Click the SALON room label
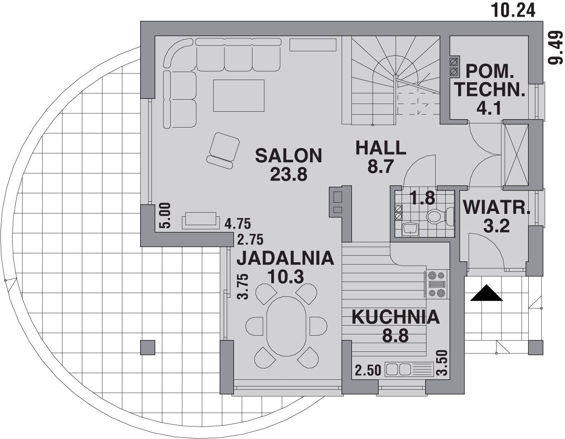[x=289, y=156]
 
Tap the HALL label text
[x=381, y=148]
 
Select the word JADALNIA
[x=285, y=258]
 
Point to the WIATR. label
[x=497, y=207]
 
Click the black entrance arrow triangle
[x=486, y=293]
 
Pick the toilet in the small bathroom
[x=440, y=216]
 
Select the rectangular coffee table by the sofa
[x=239, y=95]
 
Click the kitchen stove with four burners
[x=437, y=284]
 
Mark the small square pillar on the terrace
[x=148, y=348]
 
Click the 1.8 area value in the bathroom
[x=423, y=198]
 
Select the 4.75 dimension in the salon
[x=238, y=224]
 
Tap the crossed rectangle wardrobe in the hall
[x=516, y=155]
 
